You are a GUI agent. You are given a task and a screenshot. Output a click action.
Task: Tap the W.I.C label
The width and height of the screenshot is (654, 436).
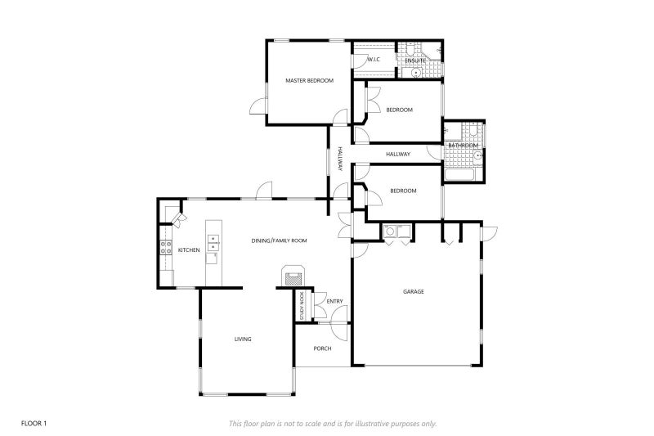click(x=374, y=60)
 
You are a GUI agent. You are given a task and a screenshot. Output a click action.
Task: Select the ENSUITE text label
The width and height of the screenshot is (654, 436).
click(x=413, y=60)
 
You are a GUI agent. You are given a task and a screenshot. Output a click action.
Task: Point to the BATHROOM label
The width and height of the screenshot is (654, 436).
click(x=463, y=146)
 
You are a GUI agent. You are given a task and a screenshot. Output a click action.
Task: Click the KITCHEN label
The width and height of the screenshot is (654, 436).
click(x=189, y=249)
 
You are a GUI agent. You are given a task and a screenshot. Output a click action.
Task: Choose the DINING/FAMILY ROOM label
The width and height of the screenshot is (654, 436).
click(x=279, y=240)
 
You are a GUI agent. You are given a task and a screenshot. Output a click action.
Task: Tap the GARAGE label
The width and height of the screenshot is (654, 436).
click(x=413, y=291)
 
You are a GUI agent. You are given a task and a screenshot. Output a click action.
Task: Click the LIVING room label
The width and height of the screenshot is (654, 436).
click(x=243, y=339)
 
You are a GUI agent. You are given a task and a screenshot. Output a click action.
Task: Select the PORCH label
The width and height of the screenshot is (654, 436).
click(x=323, y=349)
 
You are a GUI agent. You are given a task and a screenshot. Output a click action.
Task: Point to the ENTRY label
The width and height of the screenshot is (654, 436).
click(x=335, y=302)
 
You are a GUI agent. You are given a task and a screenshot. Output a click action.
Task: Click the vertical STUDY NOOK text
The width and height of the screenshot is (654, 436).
click(x=302, y=305)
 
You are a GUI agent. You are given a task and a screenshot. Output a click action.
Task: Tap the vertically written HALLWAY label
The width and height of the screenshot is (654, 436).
click(x=340, y=159)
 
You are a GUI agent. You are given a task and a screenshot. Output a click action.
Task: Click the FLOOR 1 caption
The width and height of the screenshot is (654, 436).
click(x=34, y=423)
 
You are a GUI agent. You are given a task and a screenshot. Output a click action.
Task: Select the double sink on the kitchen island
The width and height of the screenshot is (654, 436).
click(x=213, y=242)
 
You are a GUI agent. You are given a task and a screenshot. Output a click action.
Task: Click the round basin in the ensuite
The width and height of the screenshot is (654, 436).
click(x=416, y=72)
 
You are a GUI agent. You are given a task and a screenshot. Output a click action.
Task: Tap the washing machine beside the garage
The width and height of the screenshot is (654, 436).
click(x=392, y=231)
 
